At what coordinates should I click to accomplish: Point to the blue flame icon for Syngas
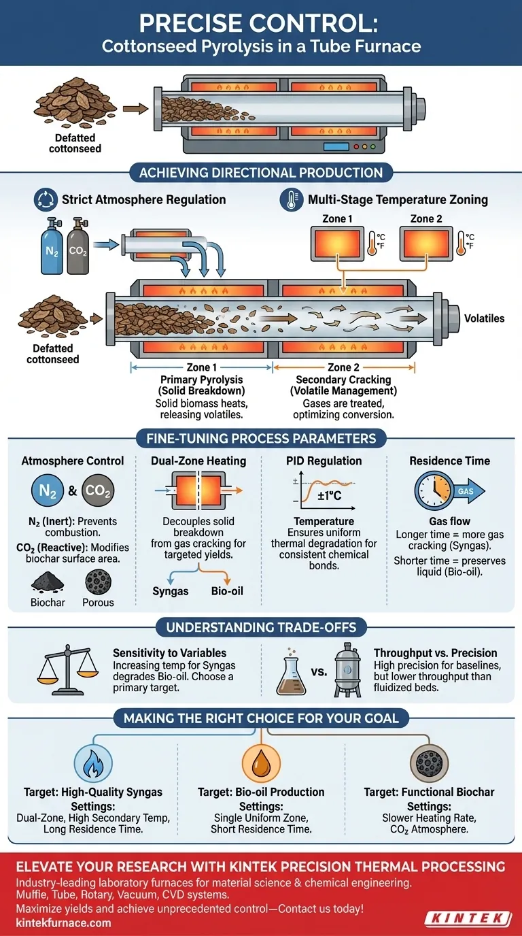[90, 763]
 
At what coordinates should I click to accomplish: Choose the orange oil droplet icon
[261, 763]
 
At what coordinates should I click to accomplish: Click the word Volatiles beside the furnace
[484, 318]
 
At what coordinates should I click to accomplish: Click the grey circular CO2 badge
[98, 491]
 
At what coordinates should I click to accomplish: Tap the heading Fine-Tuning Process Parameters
[261, 438]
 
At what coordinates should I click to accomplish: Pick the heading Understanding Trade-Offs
[261, 626]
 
